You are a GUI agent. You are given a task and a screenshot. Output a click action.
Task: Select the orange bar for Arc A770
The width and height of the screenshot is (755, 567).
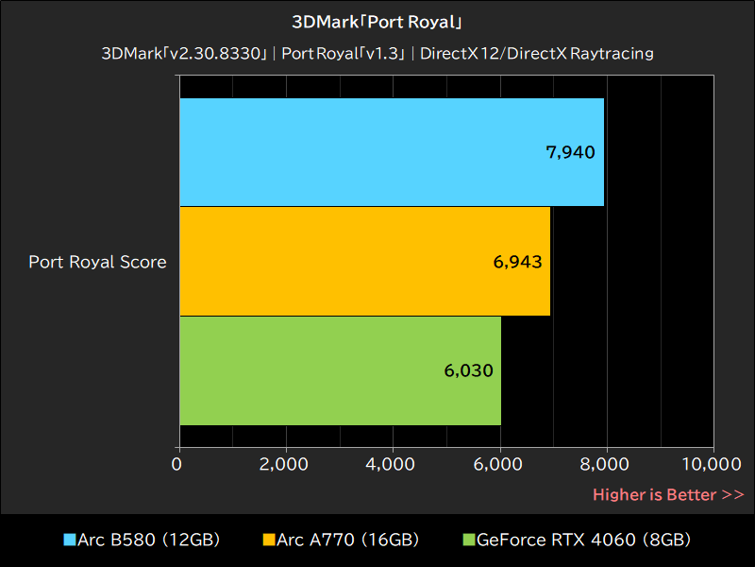pos(359,261)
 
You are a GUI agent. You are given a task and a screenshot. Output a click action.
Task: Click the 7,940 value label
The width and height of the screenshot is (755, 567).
pos(570,152)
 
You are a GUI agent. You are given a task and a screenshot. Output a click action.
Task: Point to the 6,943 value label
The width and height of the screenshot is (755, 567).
pos(517,262)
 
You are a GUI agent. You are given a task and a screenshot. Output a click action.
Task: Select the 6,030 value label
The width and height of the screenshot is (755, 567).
pos(468,370)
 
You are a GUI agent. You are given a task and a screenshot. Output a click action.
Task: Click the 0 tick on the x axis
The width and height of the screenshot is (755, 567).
pos(178,464)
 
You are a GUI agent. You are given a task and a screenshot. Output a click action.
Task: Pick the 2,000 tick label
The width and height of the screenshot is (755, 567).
pos(284,464)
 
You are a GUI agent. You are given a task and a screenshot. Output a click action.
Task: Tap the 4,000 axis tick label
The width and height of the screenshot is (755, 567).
pos(392,464)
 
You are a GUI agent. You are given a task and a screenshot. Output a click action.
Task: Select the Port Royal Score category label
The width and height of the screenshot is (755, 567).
pos(97,262)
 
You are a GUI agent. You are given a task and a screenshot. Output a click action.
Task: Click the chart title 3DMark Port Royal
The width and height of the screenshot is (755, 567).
pos(377,22)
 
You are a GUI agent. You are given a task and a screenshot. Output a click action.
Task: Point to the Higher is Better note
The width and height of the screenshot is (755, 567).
pos(668,494)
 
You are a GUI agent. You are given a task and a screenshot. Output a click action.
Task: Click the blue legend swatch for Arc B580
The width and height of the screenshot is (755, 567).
pos(69,541)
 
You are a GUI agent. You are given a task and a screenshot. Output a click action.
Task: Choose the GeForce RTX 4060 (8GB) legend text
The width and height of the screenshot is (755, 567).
pos(583,541)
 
